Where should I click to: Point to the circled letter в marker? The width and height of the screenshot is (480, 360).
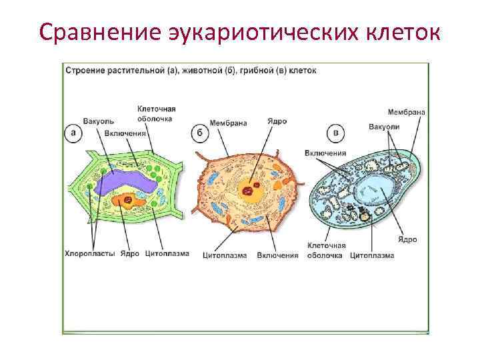click(338, 133)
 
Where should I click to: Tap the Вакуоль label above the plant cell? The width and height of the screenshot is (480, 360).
click(99, 121)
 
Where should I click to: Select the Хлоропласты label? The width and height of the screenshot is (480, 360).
click(91, 253)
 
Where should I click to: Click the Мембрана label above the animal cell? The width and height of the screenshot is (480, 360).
click(228, 123)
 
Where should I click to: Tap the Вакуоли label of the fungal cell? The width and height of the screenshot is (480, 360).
click(384, 126)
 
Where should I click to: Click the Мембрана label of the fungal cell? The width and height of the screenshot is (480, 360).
click(406, 112)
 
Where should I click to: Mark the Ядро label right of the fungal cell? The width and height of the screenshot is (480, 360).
click(407, 239)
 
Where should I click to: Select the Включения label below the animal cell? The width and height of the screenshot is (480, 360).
click(277, 255)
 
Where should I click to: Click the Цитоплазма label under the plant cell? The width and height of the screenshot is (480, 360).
click(167, 253)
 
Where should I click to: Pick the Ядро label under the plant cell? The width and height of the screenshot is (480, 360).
click(130, 253)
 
